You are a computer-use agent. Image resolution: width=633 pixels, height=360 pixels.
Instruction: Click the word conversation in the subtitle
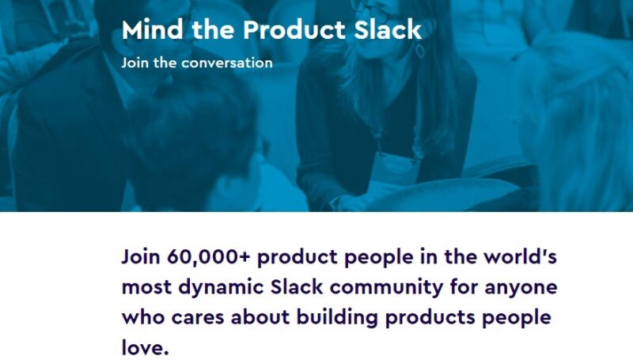coord(226,63)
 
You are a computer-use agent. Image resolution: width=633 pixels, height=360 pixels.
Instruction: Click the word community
coord(411,288)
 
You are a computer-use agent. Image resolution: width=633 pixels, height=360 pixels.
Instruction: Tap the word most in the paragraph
coord(147,288)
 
